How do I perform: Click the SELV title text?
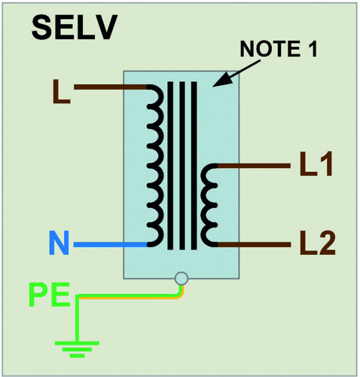tap(75, 27)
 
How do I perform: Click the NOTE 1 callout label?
tap(279, 49)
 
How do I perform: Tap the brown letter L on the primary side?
tap(61, 91)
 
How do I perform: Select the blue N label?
tap(59, 243)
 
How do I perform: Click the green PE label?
tap(49, 294)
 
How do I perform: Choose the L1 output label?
tap(316, 164)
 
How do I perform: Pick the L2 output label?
tap(317, 243)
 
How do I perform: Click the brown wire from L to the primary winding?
tap(111, 87)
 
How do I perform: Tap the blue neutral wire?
tap(111, 244)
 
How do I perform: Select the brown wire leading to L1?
tap(254, 166)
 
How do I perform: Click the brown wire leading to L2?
tap(254, 244)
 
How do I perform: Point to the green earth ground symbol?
tap(77, 349)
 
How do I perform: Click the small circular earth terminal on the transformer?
tap(182, 278)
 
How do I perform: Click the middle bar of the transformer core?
tap(182, 165)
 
